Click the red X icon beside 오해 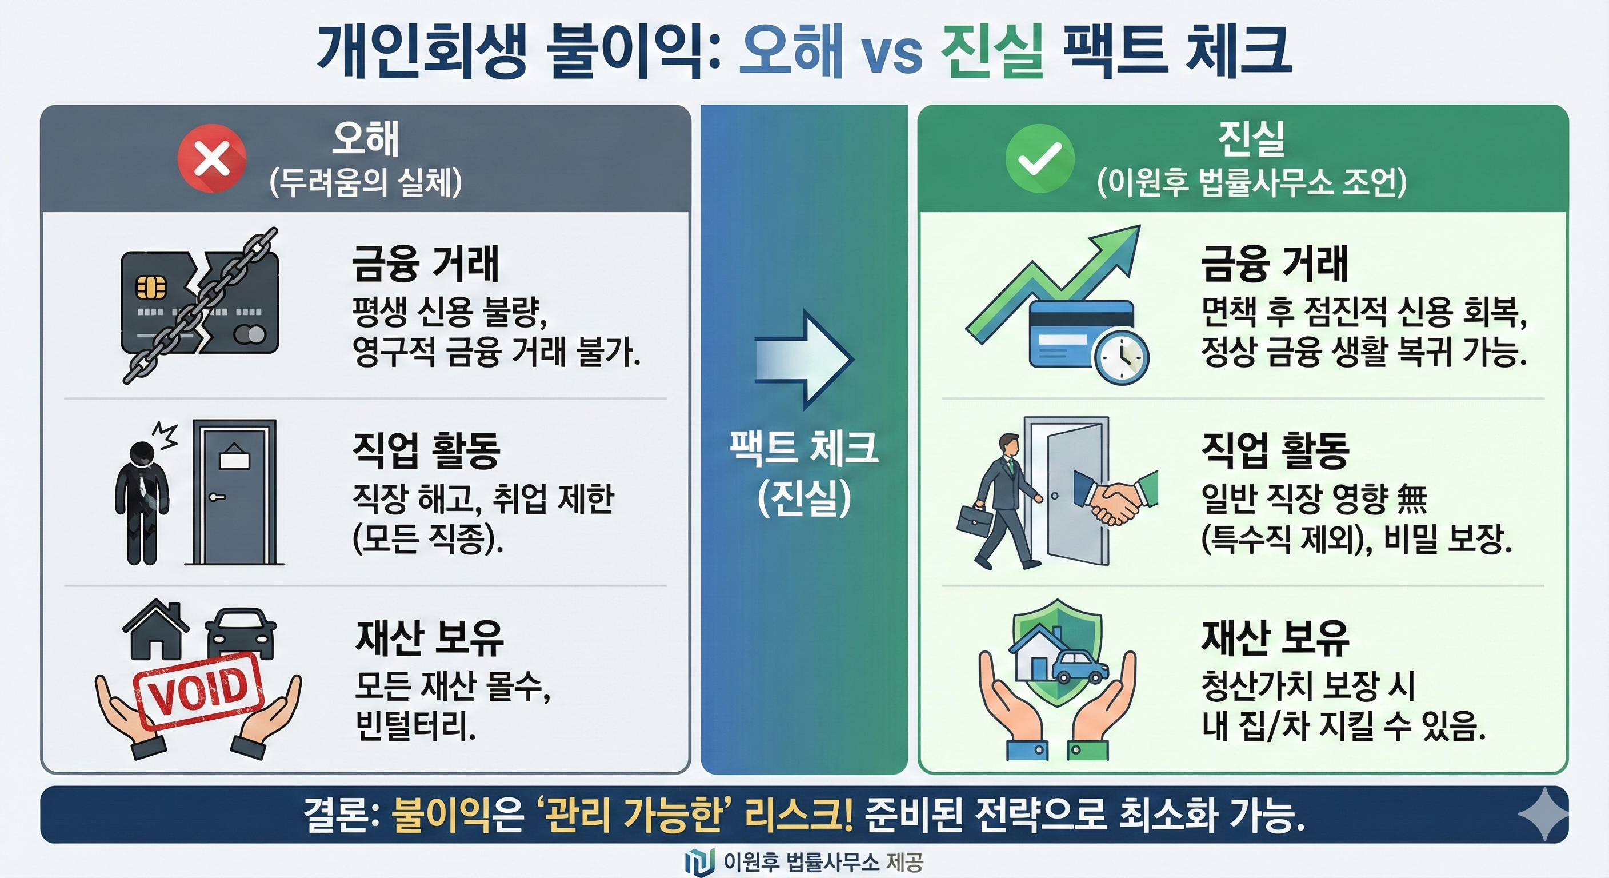pos(212,158)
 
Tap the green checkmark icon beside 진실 pos(1039,158)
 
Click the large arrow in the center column pos(804,360)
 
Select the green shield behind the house pos(1056,650)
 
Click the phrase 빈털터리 pos(416,725)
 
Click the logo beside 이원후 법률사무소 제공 pos(699,863)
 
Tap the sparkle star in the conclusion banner pos(1543,813)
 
